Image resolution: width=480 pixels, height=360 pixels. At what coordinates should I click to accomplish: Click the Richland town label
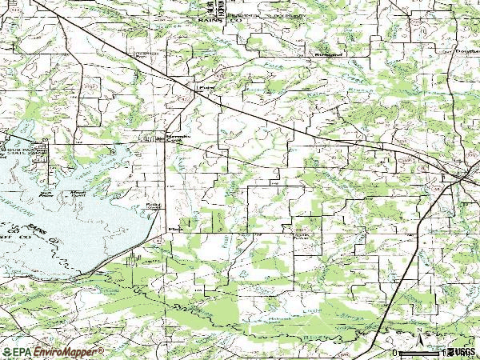[322, 54]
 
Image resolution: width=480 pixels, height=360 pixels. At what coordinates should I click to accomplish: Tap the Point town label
[206, 81]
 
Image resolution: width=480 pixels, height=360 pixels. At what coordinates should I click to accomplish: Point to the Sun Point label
[47, 193]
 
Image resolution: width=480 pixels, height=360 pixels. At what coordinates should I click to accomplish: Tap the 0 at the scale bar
[394, 351]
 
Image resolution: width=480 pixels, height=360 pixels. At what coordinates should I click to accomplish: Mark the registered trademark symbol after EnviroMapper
[101, 349]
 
